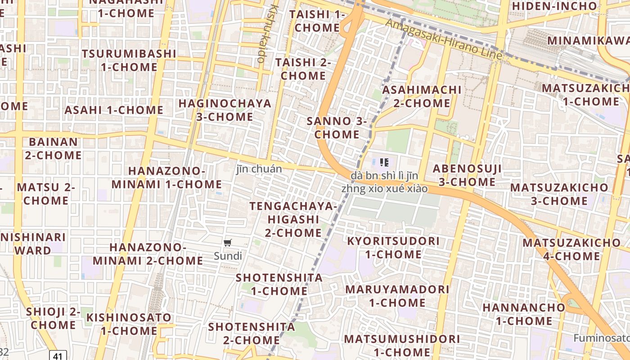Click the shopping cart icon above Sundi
228,243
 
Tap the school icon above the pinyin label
384,162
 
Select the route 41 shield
57,356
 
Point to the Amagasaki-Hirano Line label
445,40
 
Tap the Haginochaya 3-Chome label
225,110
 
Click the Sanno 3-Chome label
337,127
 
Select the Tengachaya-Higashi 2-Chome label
293,220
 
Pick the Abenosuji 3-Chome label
467,175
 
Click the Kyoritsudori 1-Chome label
393,247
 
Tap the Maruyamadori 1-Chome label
397,296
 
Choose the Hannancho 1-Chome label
524,314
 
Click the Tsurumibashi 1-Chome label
129,60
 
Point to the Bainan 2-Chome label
53,148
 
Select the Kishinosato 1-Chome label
129,324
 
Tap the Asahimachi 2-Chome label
422,96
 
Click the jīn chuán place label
259,169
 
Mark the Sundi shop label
228,256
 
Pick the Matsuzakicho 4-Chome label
571,249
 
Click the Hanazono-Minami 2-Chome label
148,254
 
